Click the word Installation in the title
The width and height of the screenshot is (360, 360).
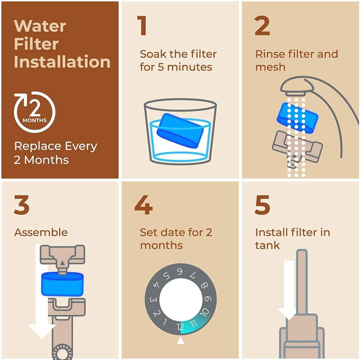point(62,62)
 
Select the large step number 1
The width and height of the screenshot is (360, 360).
point(142,26)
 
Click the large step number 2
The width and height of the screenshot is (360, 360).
point(262,26)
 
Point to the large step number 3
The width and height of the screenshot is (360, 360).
point(22,205)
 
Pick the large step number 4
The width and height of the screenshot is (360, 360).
point(143,205)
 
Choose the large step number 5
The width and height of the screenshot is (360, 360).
point(262,205)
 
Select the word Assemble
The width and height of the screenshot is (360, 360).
point(41,233)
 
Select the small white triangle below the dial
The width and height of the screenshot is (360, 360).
point(181,342)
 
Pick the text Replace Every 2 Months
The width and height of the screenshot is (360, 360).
point(55,153)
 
